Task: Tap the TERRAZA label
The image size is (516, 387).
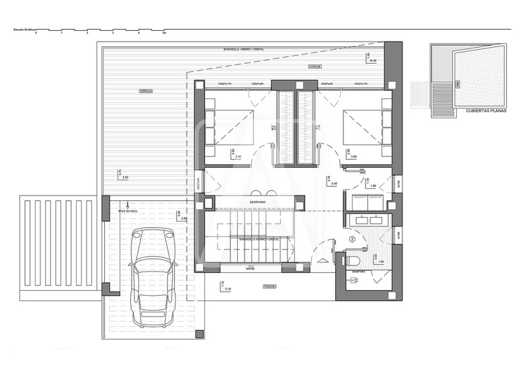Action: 146,90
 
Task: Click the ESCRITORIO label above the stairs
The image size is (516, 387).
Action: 258,202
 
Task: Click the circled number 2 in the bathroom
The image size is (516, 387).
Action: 353,239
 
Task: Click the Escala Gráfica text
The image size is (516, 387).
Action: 22,30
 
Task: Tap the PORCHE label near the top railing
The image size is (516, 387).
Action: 314,67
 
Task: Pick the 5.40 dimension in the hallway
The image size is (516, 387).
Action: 334,183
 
